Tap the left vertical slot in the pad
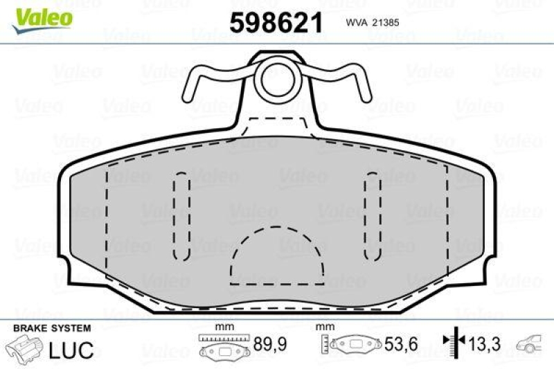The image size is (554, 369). coord(181,215)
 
